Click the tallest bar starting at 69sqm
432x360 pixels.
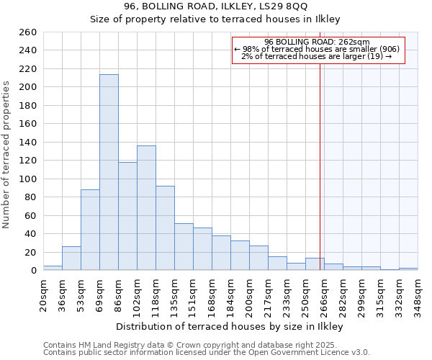[109, 173]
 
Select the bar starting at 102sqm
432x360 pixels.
[146, 208]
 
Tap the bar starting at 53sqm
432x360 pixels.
[90, 230]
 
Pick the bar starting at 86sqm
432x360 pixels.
[127, 216]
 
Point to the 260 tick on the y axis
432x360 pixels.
[28, 32]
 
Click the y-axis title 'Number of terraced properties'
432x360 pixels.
[7, 154]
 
